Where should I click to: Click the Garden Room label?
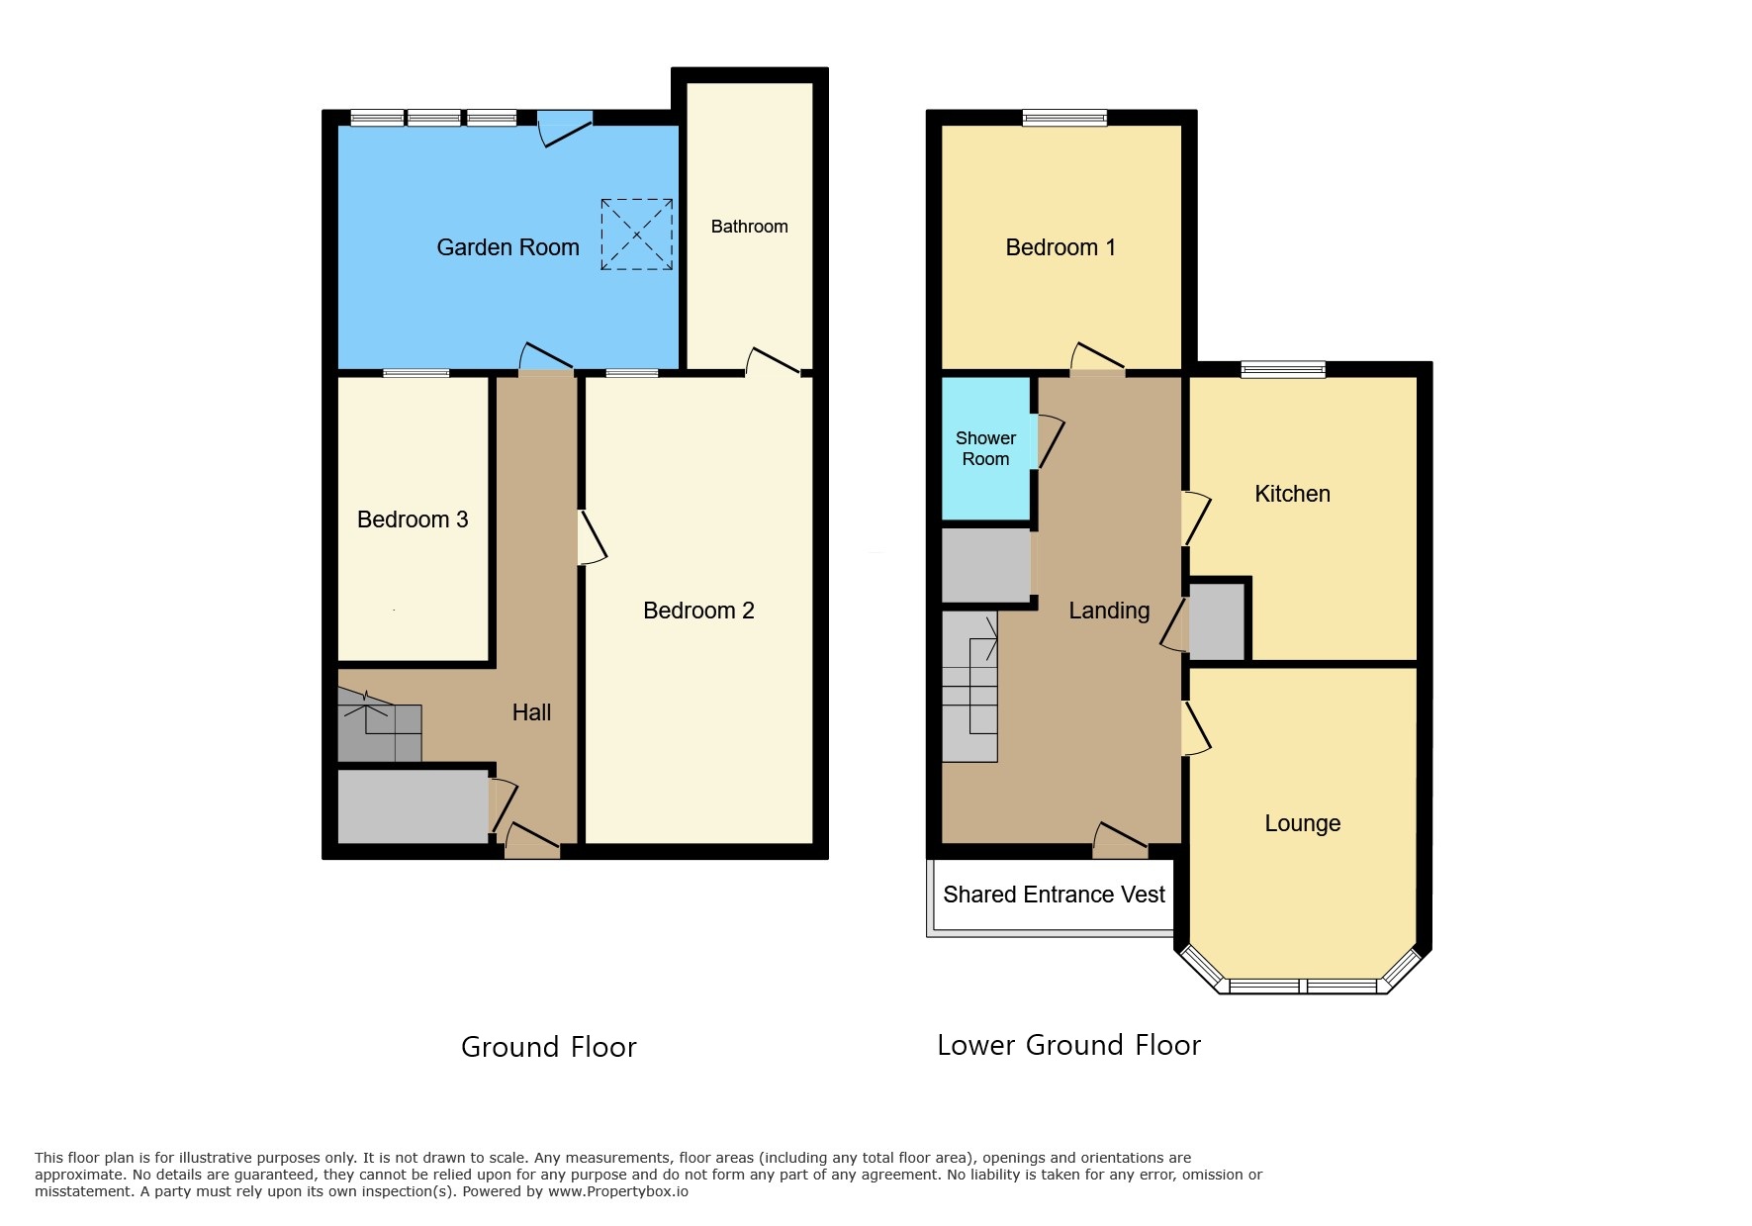point(507,247)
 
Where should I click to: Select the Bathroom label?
point(749,227)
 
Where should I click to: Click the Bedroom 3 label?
point(413,519)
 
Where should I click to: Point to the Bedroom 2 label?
point(698,611)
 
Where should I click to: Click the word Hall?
point(531,712)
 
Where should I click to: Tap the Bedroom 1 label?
point(1060,247)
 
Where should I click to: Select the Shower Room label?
point(985,448)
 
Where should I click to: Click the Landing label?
point(1109,611)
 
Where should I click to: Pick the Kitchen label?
point(1292,494)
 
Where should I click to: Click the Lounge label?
point(1302,823)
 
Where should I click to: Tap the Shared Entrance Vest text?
point(1054,895)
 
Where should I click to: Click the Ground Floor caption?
point(549,1047)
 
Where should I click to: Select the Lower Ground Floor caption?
point(1068,1045)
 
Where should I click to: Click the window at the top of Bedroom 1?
point(1064,118)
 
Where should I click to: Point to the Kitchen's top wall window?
point(1283,369)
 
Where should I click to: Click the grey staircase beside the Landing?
point(969,687)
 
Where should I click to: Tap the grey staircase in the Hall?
point(380,727)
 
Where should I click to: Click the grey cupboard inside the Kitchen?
point(1217,621)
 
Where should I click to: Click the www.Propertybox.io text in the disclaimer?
point(618,1191)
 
